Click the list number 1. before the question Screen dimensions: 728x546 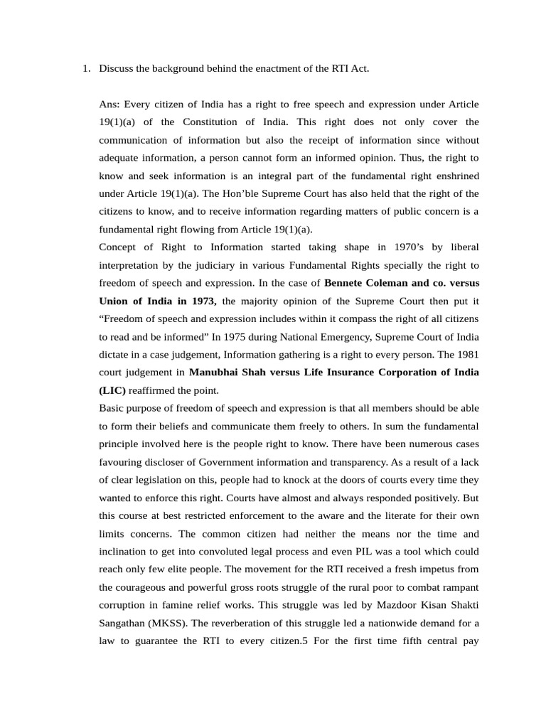(86, 68)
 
